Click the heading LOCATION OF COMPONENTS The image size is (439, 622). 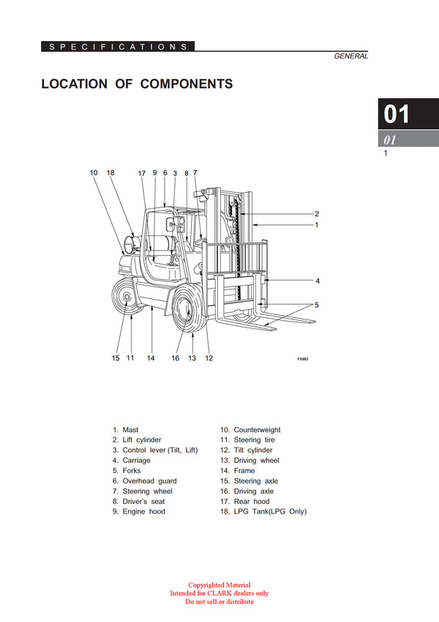click(137, 84)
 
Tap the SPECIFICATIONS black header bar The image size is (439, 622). click(118, 47)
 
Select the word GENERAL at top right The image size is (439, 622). click(350, 56)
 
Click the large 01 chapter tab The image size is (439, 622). click(397, 114)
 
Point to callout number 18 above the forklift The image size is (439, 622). click(110, 173)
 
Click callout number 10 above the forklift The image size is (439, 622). click(94, 173)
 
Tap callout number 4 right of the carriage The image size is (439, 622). click(317, 281)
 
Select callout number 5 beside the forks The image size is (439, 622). click(317, 305)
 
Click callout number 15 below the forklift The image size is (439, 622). click(115, 358)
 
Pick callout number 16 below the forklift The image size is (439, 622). click(176, 358)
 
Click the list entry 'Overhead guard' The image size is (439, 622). click(149, 481)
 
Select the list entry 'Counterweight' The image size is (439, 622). click(257, 430)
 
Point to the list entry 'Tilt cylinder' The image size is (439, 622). click(253, 451)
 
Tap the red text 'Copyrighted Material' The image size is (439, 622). click(219, 585)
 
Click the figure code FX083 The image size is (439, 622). click(303, 360)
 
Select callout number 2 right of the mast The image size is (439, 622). click(317, 214)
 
